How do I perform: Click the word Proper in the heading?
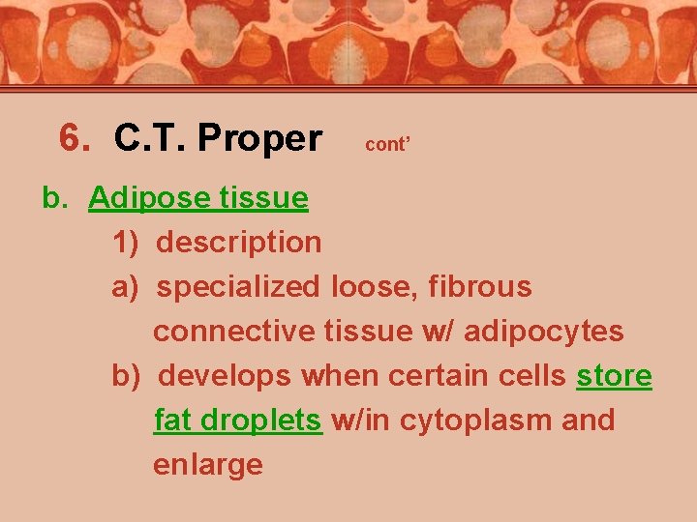pos(258,139)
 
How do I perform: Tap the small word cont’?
pos(388,144)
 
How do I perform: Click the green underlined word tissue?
pos(264,198)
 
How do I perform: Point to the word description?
pos(239,243)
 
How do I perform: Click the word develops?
pos(226,376)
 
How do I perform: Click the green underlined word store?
pos(614,376)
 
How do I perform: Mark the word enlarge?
pos(208,465)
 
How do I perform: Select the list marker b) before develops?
pos(128,376)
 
